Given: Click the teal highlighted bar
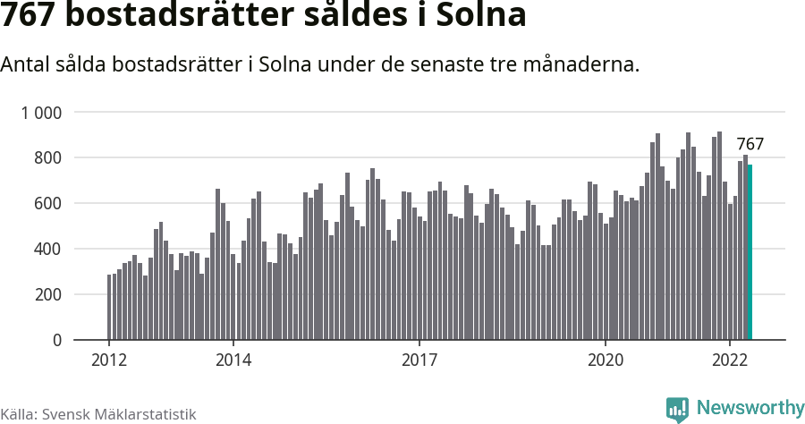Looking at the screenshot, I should tap(750, 252).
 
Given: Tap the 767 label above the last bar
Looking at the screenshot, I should tap(750, 144).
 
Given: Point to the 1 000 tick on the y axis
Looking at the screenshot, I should tap(41, 113).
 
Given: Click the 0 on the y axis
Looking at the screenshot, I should tap(56, 341).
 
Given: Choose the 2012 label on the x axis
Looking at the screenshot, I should tap(109, 360).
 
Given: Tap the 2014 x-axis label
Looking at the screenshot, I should tap(233, 360).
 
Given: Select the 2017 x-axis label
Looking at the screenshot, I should tap(419, 360).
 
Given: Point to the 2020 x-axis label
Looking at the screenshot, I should tap(606, 360).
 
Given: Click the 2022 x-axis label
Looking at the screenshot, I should tap(730, 360).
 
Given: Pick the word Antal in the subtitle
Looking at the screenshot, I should tap(25, 64).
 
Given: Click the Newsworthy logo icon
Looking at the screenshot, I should tap(677, 409).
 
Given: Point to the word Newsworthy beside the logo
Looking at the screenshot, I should tap(750, 408).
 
